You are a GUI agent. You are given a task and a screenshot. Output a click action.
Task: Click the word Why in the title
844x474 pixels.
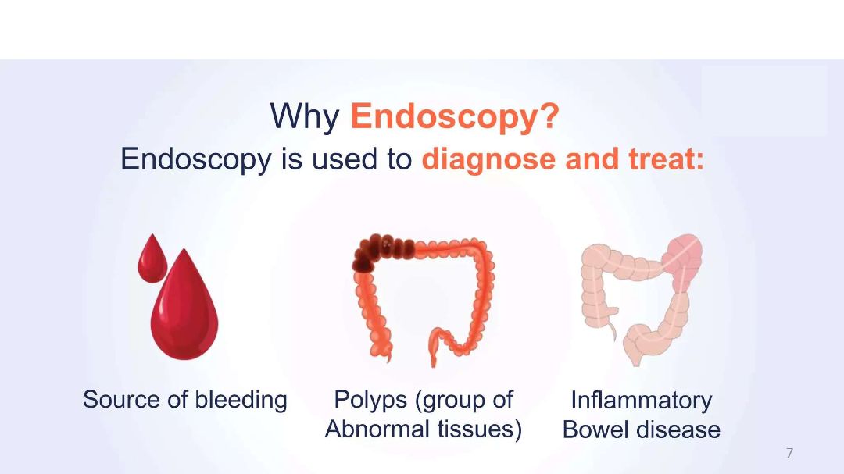pyautogui.click(x=304, y=116)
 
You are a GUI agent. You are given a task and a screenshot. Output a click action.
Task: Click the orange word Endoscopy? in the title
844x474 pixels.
pyautogui.click(x=455, y=117)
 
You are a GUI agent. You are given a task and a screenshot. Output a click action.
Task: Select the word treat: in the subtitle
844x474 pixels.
pyautogui.click(x=666, y=159)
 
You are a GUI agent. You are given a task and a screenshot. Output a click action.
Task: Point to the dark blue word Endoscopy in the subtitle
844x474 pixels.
pyautogui.click(x=196, y=160)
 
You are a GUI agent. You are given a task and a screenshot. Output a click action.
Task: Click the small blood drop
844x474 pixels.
pyautogui.click(x=152, y=258)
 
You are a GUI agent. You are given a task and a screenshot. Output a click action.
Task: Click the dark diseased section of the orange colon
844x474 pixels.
pyautogui.click(x=377, y=251)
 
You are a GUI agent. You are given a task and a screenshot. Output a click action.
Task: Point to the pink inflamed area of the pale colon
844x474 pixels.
pyautogui.click(x=682, y=257)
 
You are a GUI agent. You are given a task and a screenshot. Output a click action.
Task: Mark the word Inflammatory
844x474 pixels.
pyautogui.click(x=642, y=401)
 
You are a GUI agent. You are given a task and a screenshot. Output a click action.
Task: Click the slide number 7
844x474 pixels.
pyautogui.click(x=789, y=453)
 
